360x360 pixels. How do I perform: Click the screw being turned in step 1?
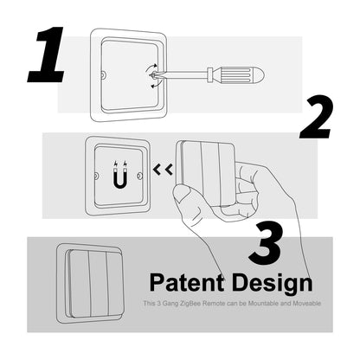pyautogui.click(x=152, y=75)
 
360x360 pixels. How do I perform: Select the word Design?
pyautogui.click(x=268, y=283)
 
